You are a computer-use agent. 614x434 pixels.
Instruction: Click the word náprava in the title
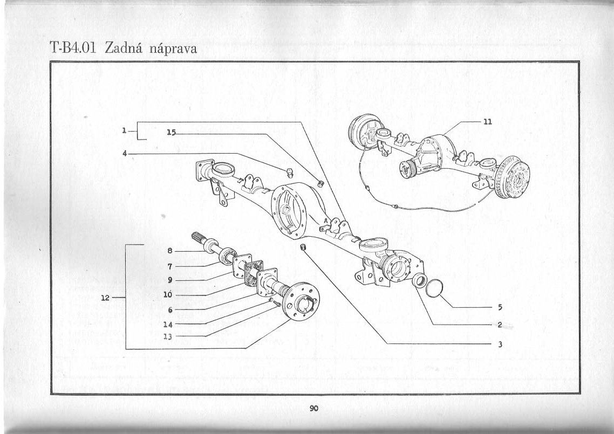(173, 49)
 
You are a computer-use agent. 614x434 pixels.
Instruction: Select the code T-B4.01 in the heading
(73, 47)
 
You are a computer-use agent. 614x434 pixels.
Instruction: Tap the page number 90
(314, 409)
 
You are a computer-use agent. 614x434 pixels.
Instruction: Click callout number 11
(488, 122)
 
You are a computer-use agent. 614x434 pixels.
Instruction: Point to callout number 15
(171, 132)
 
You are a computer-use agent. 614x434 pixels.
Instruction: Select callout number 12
(105, 298)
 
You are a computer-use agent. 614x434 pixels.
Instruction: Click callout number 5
(500, 308)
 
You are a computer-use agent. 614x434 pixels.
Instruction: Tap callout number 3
(500, 345)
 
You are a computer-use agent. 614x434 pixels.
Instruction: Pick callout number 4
(125, 154)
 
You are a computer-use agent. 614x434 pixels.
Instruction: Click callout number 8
(170, 251)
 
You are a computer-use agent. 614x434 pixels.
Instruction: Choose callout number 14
(168, 325)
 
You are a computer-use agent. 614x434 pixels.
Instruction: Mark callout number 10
(168, 295)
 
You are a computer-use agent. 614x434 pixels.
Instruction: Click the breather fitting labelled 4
(290, 172)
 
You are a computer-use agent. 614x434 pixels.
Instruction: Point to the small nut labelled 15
(320, 183)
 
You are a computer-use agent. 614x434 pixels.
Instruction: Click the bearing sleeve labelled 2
(420, 280)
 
